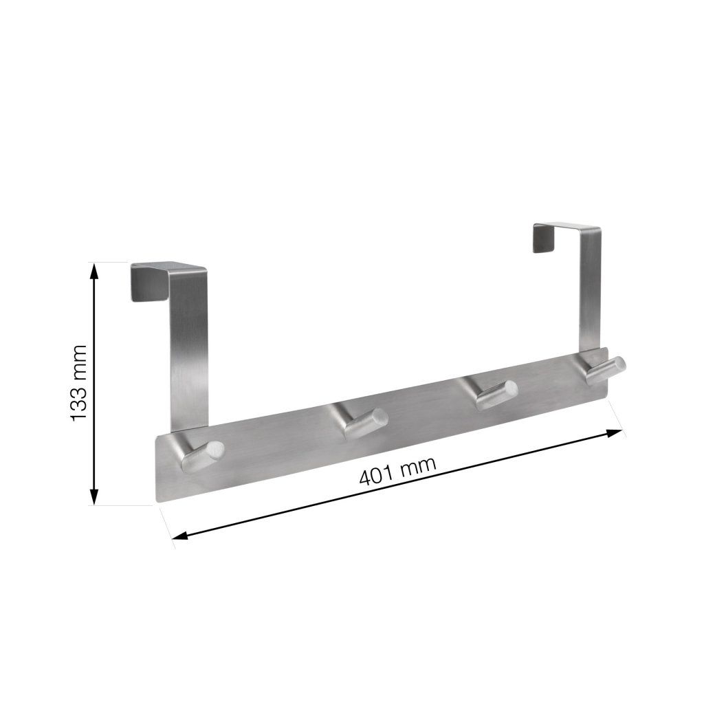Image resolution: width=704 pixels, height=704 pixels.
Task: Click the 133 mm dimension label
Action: point(80,382)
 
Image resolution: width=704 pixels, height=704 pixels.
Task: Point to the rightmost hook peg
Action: point(603,369)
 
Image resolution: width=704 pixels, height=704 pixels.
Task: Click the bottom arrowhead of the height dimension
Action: point(95,496)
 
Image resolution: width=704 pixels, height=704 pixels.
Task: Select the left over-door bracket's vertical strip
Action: point(190,357)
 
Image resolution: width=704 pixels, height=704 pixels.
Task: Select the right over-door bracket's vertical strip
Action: point(590,296)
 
